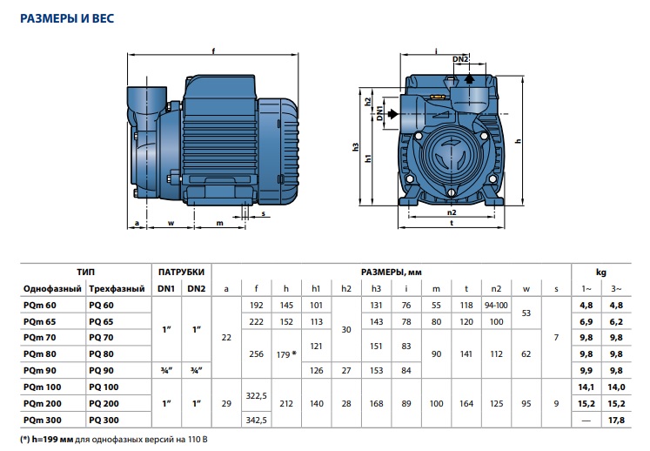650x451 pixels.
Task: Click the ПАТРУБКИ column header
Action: (182, 271)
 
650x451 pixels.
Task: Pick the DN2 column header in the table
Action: (197, 288)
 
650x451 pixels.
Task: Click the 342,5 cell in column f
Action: (256, 421)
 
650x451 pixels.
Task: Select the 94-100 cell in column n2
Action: (496, 306)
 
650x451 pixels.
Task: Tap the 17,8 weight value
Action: (617, 421)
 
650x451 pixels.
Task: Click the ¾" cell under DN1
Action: (166, 371)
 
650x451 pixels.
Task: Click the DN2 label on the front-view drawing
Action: (461, 59)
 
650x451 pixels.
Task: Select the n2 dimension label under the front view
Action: (452, 212)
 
